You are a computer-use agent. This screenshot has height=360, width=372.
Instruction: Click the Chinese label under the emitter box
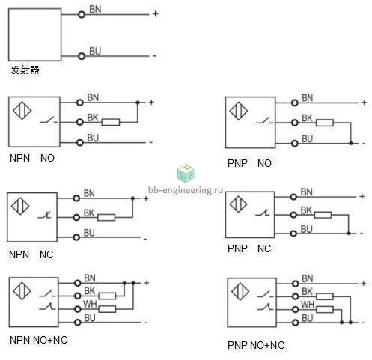pos(25,70)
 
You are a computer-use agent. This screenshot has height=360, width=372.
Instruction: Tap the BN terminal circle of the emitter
pos(82,14)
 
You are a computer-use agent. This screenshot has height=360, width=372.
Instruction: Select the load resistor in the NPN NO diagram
pos(111,122)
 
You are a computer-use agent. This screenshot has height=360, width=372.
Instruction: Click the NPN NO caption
pos(32,158)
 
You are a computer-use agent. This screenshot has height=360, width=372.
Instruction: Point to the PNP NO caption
pos(249,163)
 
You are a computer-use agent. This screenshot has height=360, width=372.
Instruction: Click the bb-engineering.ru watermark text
pos(186,190)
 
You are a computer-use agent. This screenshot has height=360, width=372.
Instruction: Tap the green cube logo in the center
pos(186,173)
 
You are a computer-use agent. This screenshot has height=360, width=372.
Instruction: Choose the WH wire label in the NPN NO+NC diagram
pos(90,304)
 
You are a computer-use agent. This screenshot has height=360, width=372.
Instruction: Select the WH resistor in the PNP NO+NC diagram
pos(325,309)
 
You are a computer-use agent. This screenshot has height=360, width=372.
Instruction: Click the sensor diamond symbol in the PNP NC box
pos(238,204)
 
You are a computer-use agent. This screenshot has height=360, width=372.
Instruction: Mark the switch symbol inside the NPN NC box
pos(44,215)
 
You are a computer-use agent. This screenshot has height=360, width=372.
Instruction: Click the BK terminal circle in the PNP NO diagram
pos(295,123)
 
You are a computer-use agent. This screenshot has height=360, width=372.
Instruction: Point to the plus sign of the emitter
pos(155,13)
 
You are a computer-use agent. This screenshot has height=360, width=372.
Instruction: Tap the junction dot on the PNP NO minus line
pos(351,143)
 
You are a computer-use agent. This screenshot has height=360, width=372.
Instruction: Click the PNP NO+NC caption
pos(256,345)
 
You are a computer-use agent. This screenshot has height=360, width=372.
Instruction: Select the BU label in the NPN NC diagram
pos(89,233)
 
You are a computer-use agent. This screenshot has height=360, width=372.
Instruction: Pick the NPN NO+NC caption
pos(39,340)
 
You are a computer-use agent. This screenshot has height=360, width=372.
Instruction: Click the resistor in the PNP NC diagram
pos(323,215)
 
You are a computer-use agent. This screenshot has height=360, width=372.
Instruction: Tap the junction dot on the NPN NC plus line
pos(132,198)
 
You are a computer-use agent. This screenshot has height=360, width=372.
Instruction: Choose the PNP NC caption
pos(249,248)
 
